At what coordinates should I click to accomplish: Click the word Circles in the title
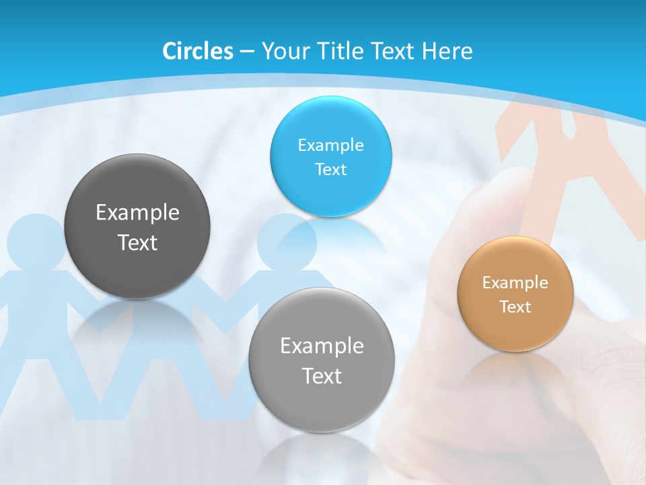[x=198, y=51]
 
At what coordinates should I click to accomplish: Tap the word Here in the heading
[x=447, y=51]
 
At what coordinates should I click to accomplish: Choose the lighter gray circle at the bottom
[x=322, y=408]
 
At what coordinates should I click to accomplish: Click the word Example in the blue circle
[x=330, y=145]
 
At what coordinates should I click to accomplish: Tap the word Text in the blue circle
[x=330, y=170]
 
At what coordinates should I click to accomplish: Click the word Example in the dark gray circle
[x=137, y=213]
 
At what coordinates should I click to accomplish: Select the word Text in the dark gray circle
[x=137, y=243]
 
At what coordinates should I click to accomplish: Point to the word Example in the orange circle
[x=515, y=283]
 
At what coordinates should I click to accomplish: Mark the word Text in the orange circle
[x=515, y=307]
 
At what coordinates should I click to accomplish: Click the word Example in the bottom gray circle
[x=322, y=346]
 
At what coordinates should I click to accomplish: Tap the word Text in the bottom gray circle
[x=322, y=377]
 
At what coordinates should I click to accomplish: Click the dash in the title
[x=246, y=52]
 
